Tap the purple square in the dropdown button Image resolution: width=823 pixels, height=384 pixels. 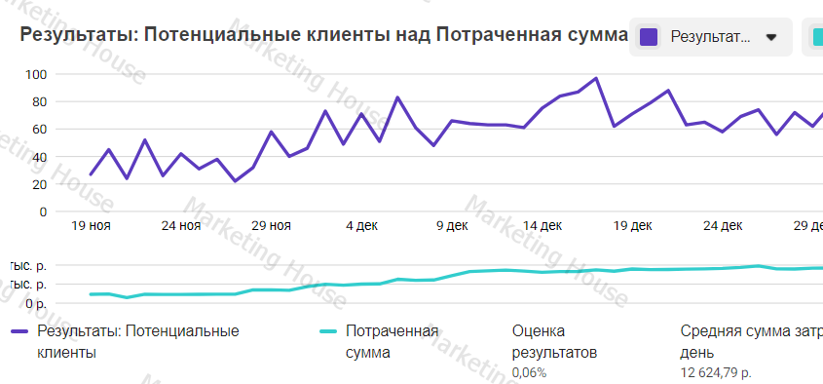[649, 38]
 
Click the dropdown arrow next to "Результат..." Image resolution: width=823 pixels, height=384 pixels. [771, 38]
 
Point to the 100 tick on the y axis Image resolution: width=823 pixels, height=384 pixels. [37, 74]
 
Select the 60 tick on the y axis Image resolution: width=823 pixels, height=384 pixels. [40, 129]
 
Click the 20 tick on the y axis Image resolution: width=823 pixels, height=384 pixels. [40, 183]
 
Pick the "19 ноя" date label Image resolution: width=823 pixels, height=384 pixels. [92, 226]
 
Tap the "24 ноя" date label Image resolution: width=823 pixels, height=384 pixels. [181, 226]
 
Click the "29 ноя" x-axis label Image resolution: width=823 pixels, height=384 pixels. [271, 226]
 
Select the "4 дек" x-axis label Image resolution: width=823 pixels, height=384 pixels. [361, 226]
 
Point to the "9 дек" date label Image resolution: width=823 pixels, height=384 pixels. [451, 226]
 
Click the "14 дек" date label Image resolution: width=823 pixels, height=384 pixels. [542, 226]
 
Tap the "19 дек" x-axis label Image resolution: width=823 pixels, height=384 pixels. [632, 226]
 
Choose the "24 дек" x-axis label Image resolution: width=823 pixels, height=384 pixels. [723, 226]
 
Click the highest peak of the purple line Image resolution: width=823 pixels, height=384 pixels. [596, 78]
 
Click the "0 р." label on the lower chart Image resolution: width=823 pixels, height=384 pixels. [34, 303]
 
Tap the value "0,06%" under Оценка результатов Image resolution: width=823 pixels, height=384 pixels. [529, 372]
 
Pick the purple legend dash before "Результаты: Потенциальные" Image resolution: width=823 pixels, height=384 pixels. [19, 331]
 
